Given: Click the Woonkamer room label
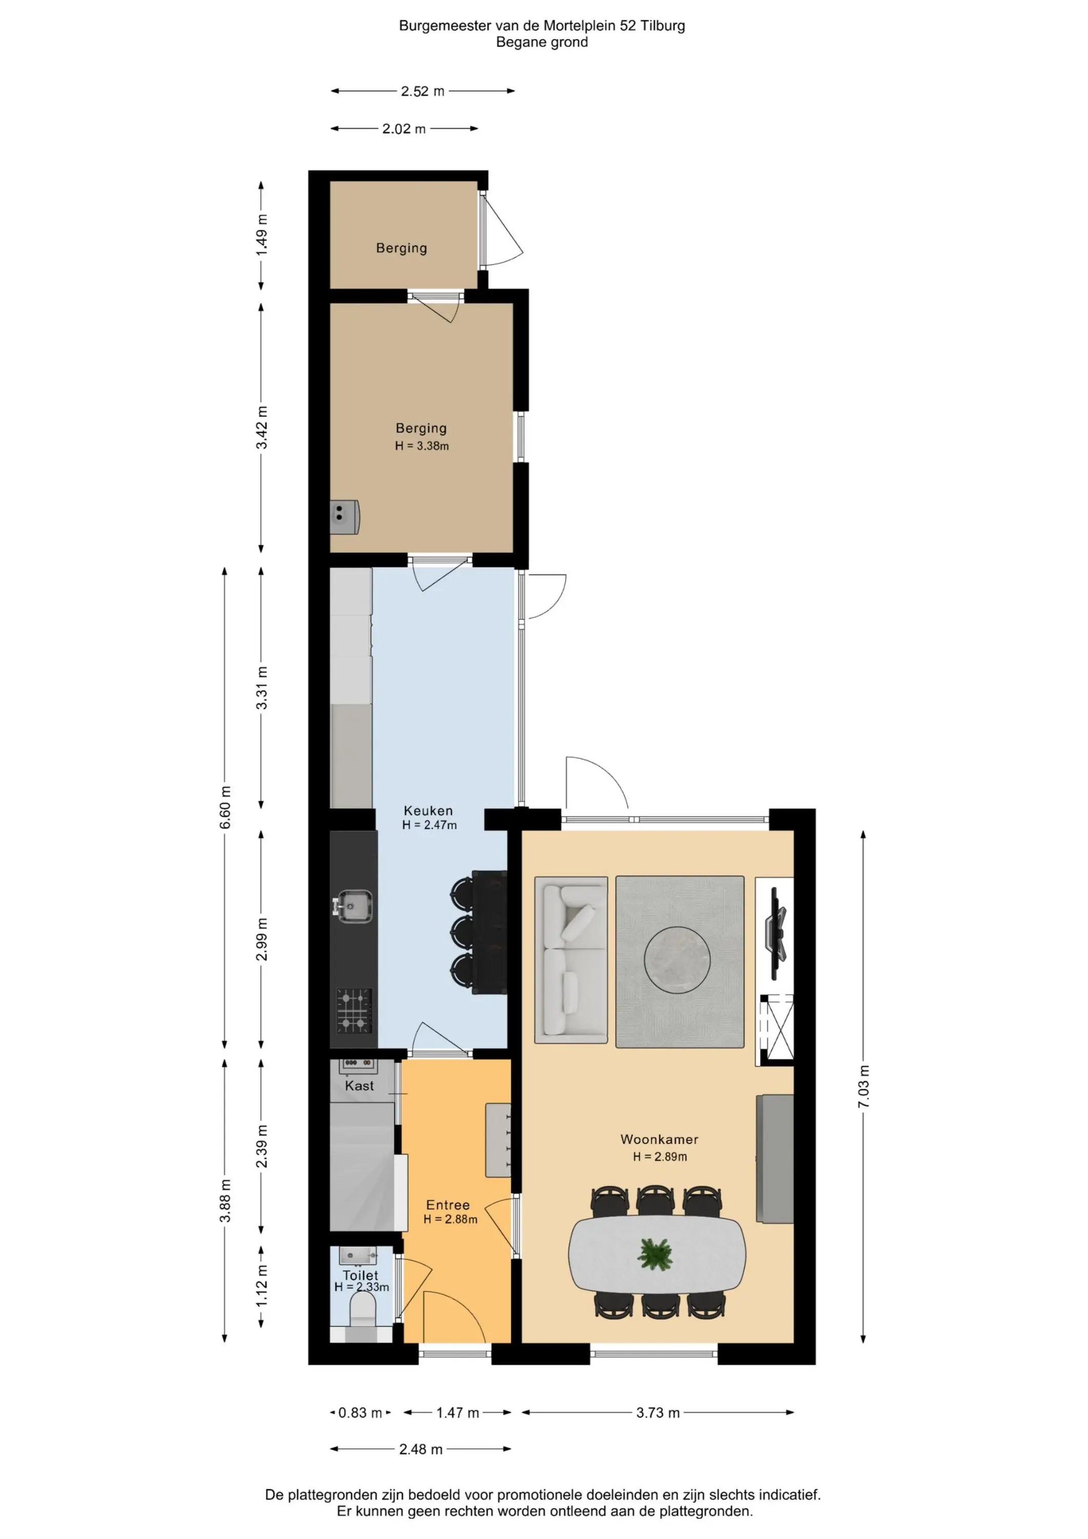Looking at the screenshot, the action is click(x=659, y=1139).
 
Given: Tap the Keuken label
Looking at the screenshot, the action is click(x=428, y=811).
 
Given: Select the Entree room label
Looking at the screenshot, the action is click(x=448, y=1205).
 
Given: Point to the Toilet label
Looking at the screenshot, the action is click(x=360, y=1275).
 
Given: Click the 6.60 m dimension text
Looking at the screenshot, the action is click(x=225, y=807).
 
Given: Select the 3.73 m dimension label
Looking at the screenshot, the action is click(x=658, y=1412).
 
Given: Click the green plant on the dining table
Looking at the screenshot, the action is click(x=656, y=1254).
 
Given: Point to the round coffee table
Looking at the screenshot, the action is click(x=677, y=960).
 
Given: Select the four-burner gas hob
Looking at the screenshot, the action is click(x=354, y=1010).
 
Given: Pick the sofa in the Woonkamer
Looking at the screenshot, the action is click(x=571, y=960).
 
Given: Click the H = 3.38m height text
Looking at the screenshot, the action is click(x=422, y=446).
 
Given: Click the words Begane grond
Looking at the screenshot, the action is click(x=542, y=42).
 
